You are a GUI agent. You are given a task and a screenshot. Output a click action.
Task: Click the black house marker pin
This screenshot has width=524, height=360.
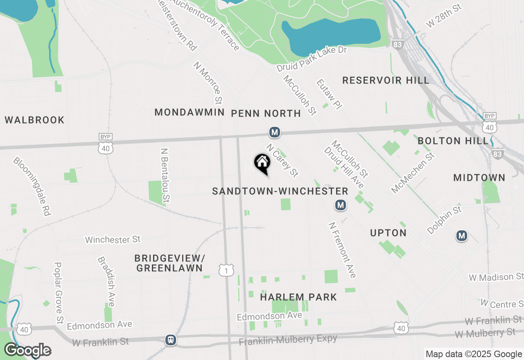pos(262,163)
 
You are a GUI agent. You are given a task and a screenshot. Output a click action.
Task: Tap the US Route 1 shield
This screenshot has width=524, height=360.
pos(226,270)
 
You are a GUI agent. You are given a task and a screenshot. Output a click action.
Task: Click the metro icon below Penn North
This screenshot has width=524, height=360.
pos(274,132)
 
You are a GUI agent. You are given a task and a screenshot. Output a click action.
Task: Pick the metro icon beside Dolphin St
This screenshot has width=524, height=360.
pos(462,236)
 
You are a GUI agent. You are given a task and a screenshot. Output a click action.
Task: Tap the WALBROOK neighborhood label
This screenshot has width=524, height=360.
pos(35,120)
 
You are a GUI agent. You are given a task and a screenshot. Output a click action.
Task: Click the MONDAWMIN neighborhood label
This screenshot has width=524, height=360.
pos(190,112)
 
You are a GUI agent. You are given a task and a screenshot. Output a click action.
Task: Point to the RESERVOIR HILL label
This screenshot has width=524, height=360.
pos(386,80)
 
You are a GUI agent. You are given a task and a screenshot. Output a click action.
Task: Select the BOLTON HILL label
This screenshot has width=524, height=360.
pos(453,141)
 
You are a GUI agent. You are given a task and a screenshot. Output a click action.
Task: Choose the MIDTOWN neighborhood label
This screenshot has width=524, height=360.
pos(479,178)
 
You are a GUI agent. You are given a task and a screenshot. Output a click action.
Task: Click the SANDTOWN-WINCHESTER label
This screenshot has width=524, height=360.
pos(280,191)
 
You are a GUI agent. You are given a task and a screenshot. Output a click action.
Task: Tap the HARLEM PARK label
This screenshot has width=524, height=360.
pos(298,297)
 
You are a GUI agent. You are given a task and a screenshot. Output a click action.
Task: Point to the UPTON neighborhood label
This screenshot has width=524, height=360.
pos(388,233)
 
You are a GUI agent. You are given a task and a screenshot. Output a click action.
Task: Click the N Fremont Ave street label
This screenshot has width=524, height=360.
pos(342,250)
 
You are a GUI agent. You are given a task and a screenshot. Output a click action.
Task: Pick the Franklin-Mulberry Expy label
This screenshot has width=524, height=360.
pos(288,340)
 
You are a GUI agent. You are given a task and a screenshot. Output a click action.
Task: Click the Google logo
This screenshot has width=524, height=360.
pos(27,350)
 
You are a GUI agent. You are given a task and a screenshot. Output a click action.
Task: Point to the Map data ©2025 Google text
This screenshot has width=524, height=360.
pos(474,354)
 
